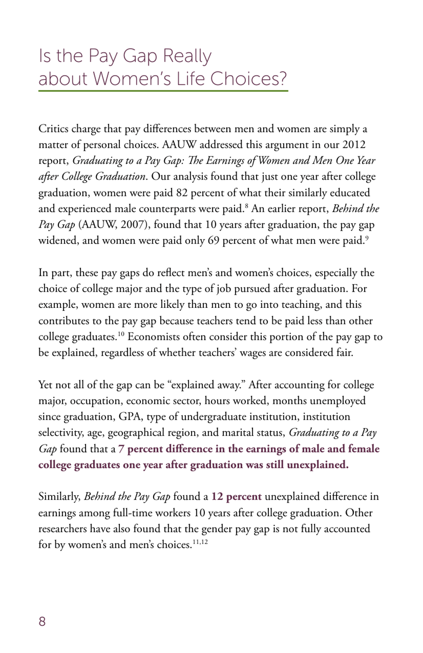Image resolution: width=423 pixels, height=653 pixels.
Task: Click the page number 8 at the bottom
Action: click(42, 621)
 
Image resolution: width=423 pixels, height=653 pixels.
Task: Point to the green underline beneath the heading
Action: click(163, 91)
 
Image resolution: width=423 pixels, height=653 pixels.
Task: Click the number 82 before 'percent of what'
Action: click(183, 193)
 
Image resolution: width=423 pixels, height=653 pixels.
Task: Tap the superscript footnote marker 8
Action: click(246, 206)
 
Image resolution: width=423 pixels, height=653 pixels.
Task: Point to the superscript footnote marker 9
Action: click(366, 238)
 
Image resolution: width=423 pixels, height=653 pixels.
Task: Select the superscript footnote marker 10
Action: click(121, 334)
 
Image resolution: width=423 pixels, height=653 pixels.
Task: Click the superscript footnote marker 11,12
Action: click(200, 542)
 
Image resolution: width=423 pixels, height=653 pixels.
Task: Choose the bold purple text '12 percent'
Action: click(236, 497)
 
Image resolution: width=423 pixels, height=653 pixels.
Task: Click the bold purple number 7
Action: click(121, 449)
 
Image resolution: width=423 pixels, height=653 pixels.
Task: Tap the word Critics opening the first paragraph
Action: click(53, 129)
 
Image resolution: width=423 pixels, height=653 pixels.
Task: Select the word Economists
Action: click(154, 337)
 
